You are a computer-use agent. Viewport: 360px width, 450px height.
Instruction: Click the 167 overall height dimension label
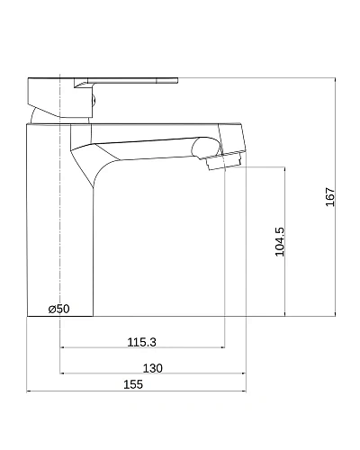330,197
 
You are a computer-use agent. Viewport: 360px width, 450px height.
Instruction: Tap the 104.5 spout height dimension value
280,242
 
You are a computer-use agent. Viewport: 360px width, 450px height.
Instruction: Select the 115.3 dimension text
142,342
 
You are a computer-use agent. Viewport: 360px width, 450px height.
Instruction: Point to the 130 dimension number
153,368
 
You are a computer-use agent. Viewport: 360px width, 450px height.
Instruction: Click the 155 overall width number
133,384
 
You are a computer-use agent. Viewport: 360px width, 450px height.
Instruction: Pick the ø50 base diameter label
59,309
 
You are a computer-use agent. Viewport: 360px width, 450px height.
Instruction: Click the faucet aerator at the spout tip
224,161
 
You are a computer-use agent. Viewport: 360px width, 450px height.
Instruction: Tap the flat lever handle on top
126,81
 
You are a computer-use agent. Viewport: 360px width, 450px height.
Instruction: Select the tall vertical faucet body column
60,220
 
